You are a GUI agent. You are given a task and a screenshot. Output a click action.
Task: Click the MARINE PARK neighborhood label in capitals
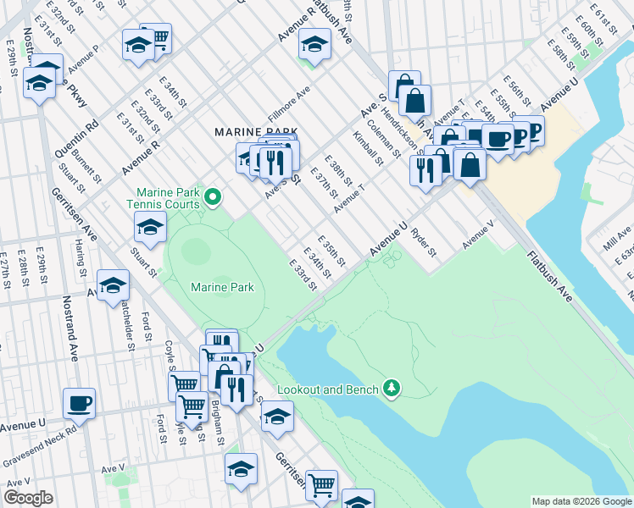(256, 132)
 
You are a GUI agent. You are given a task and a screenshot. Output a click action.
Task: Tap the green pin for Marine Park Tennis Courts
(213, 198)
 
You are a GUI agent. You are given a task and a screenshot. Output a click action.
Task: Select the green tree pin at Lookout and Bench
(391, 389)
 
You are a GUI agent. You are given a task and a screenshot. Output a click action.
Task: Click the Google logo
(29, 497)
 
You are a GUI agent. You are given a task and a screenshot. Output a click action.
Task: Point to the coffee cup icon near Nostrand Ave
(79, 404)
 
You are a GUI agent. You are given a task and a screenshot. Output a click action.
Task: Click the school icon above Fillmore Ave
(314, 45)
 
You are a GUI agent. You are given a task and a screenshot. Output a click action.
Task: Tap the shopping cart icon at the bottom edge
(321, 486)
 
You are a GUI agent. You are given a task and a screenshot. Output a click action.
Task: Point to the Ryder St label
(423, 242)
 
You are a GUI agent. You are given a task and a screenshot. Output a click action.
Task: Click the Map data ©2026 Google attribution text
(581, 500)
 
